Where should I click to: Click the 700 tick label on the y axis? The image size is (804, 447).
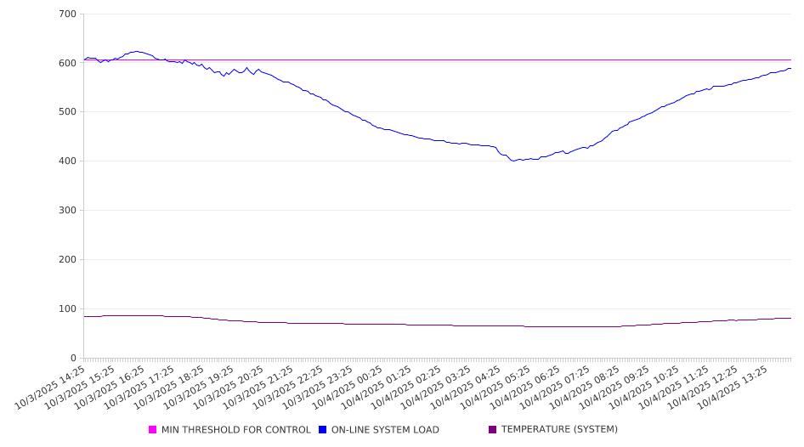pyautogui.click(x=68, y=14)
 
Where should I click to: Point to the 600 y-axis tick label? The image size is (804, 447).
pyautogui.click(x=68, y=63)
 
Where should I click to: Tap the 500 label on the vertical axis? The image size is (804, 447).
pyautogui.click(x=68, y=112)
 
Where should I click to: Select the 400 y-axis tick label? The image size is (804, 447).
pyautogui.click(x=68, y=161)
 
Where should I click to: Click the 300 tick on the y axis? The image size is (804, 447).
pyautogui.click(x=68, y=211)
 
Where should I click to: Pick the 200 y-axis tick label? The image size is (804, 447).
pyautogui.click(x=68, y=260)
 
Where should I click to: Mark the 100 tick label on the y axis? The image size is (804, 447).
pyautogui.click(x=68, y=309)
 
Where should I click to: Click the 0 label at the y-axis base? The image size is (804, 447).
pyautogui.click(x=74, y=358)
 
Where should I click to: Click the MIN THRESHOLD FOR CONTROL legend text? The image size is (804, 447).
pyautogui.click(x=235, y=430)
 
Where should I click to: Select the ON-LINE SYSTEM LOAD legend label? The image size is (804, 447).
pyautogui.click(x=385, y=430)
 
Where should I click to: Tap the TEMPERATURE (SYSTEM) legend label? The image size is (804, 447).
pyautogui.click(x=559, y=430)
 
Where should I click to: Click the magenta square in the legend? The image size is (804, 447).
pyautogui.click(x=153, y=430)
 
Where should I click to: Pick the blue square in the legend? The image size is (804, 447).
pyautogui.click(x=323, y=430)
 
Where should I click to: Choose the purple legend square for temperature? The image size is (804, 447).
pyautogui.click(x=493, y=430)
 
